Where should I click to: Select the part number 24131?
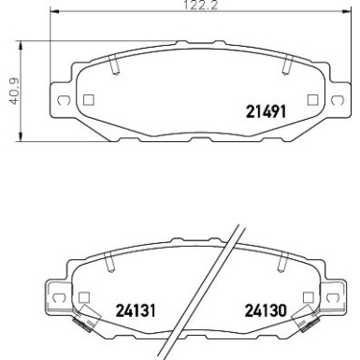point(135,309)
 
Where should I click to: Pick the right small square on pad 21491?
point(311,99)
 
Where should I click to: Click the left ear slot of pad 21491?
point(62,100)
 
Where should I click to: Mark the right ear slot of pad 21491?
point(336,100)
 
